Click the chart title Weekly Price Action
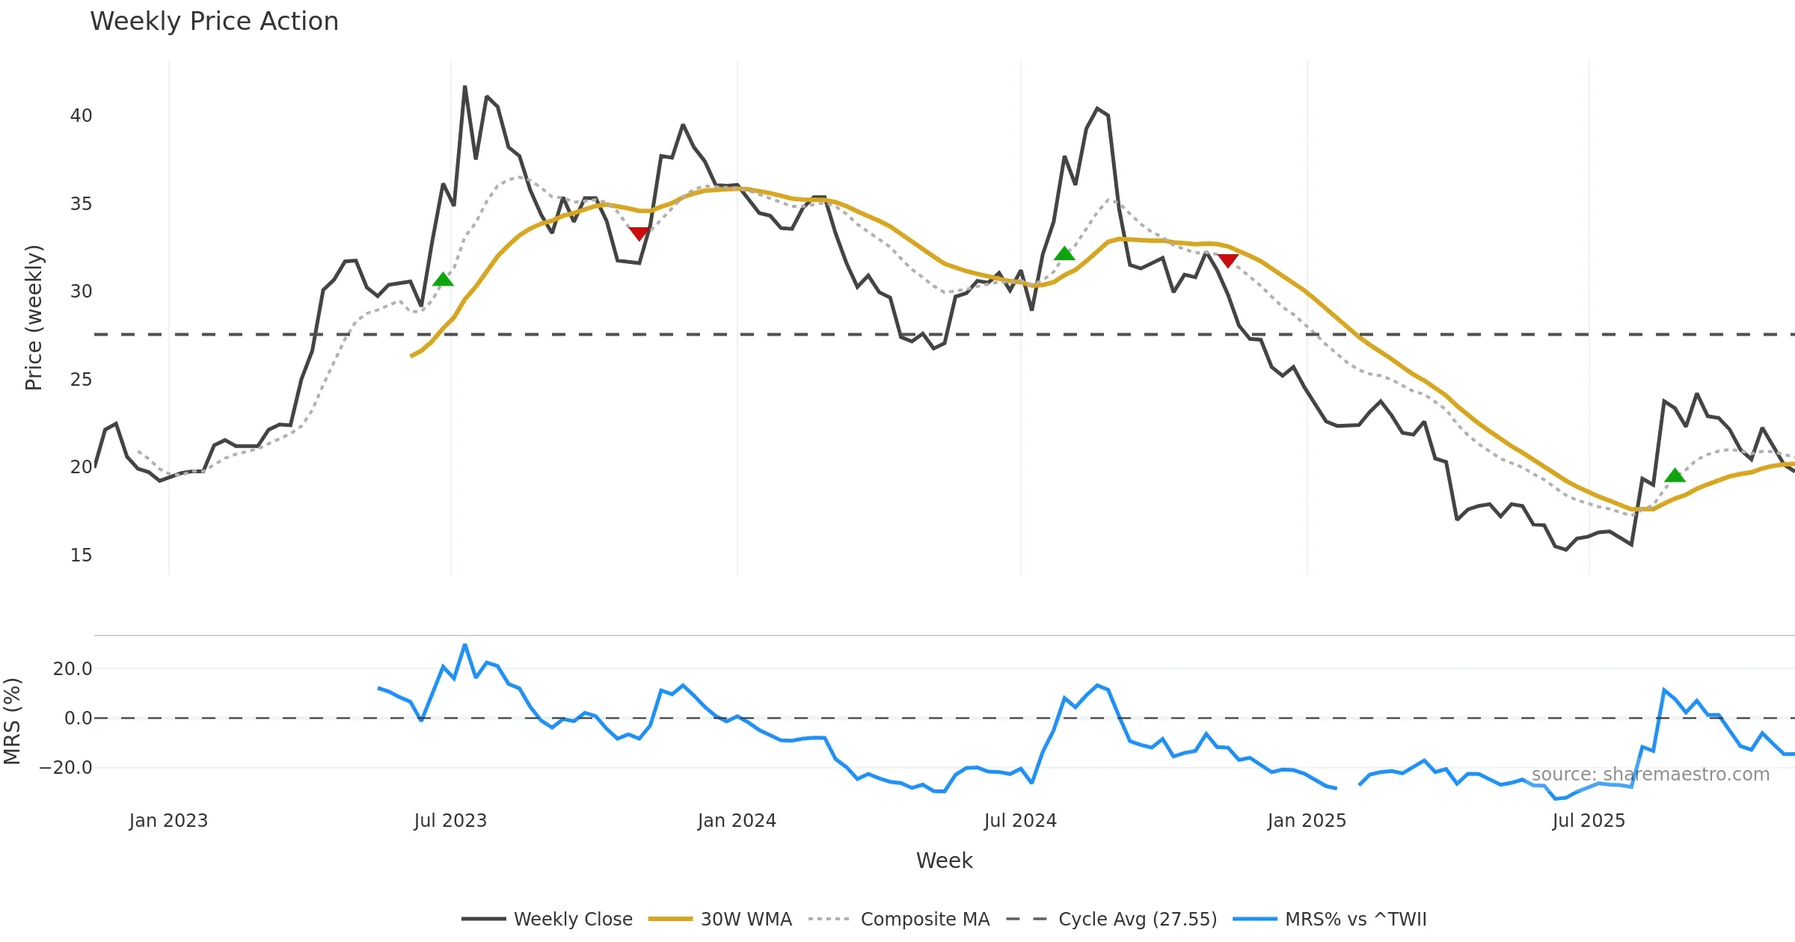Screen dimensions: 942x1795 coord(214,22)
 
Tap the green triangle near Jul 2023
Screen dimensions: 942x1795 coord(443,280)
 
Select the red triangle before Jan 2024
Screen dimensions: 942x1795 coord(639,234)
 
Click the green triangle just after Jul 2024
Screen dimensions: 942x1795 coord(1064,254)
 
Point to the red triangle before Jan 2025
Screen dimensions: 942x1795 coord(1227,260)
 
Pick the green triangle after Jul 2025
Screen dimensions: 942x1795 coord(1675,475)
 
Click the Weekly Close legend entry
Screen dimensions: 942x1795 coord(547,919)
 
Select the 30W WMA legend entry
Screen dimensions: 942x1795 coord(719,919)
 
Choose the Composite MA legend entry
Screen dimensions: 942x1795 coord(899,919)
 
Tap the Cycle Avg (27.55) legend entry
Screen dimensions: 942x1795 coord(1111,919)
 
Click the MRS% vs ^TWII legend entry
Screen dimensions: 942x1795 coord(1330,919)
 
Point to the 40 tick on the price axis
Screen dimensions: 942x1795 coord(81,116)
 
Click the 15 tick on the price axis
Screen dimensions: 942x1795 coord(81,555)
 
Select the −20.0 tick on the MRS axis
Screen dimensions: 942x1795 coord(66,768)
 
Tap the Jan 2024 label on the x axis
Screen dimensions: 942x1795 coord(737,821)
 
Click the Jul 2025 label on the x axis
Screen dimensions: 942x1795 coord(1589,821)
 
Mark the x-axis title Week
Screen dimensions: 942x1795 coord(944,861)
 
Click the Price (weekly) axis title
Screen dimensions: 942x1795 coord(34,318)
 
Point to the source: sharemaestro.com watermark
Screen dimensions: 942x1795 coord(1650,775)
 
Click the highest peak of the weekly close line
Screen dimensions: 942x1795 coord(464,87)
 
